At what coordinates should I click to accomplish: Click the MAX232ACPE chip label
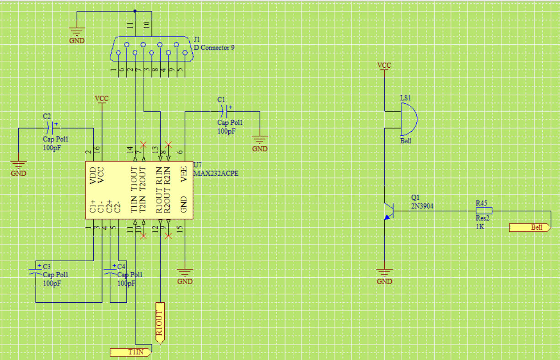pyautogui.click(x=216, y=174)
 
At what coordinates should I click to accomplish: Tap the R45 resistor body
pyautogui.click(x=484, y=211)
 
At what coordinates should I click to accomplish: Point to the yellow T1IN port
pyautogui.click(x=130, y=352)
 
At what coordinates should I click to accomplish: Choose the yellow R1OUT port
pyautogui.click(x=160, y=323)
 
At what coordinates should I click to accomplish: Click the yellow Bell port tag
pyautogui.click(x=529, y=227)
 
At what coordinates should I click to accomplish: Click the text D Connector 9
pyautogui.click(x=214, y=47)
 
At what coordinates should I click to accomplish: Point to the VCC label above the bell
pyautogui.click(x=384, y=65)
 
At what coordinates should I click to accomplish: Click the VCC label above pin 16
pyautogui.click(x=102, y=98)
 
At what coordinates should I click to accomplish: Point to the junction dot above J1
pyautogui.click(x=135, y=11)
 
